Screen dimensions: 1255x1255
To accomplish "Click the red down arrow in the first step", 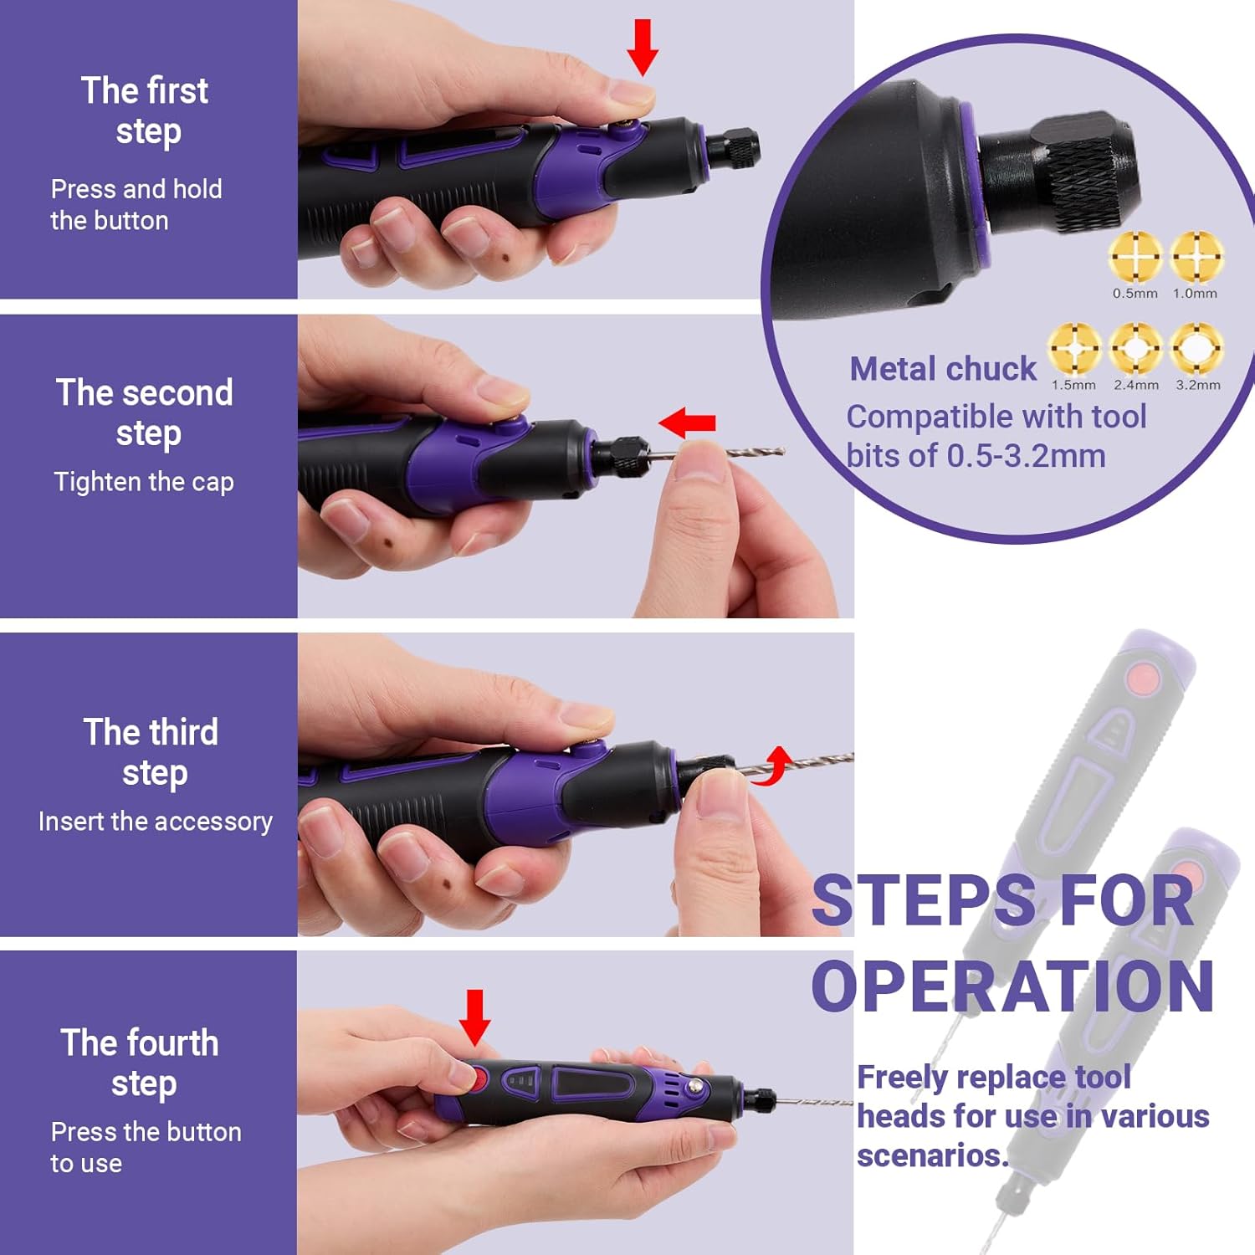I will [643, 46].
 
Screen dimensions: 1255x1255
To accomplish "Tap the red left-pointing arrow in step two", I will [688, 423].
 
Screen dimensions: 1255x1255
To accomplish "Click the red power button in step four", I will [478, 1078].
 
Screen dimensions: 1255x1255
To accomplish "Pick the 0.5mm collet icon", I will [1135, 256].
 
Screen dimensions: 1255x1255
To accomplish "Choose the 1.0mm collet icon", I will [1196, 256].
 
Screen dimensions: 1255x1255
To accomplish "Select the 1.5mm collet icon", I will [1074, 348].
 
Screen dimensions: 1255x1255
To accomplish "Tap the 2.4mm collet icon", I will [1135, 348].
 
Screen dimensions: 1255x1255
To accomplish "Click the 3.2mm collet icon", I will [1196, 348].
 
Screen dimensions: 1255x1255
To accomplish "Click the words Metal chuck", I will [943, 369].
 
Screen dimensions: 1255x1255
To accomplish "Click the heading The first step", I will [146, 110].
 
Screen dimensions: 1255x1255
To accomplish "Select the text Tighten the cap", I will [144, 482].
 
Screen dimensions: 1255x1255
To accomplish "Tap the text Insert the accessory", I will [156, 822].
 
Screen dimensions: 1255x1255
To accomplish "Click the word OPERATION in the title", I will [1012, 986].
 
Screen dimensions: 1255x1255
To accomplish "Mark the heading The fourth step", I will [141, 1063].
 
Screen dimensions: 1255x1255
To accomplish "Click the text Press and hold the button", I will [136, 204].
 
